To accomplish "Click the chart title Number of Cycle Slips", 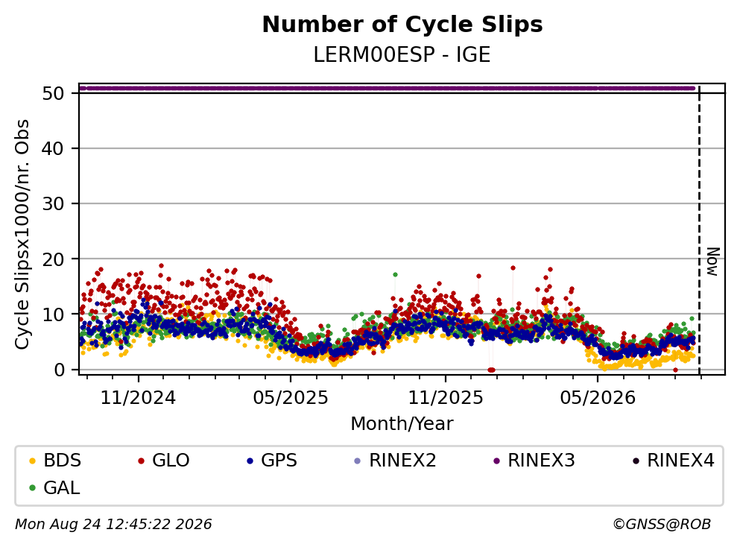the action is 402,25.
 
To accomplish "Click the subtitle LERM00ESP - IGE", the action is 402,54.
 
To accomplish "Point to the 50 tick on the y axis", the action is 53,93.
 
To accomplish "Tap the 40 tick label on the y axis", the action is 53,148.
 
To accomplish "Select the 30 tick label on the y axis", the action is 53,204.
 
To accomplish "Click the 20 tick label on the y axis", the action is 53,259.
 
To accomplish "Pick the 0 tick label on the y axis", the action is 59,370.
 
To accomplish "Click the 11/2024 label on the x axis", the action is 139,398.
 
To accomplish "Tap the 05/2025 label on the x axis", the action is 290,398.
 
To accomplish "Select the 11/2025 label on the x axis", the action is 446,398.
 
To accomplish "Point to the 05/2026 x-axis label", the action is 598,398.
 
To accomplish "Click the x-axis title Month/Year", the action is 402,424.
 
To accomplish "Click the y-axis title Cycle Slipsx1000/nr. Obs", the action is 22,234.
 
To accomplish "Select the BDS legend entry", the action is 55,460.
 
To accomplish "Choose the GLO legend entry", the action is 164,460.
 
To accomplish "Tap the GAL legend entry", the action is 54,487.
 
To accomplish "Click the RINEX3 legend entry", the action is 534,460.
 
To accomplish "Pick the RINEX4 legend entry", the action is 674,460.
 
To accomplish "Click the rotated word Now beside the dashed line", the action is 712,262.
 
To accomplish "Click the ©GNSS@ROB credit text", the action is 662,524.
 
